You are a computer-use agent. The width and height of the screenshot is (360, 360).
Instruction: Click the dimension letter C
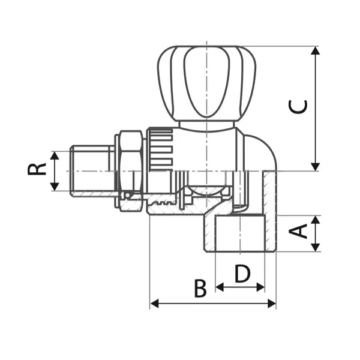298,107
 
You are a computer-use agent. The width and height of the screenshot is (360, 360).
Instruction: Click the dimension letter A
298,231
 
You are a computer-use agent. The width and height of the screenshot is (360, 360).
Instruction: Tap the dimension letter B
200,288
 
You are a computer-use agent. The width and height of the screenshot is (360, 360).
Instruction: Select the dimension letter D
242,274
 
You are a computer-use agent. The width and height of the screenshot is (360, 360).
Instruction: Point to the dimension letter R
37,169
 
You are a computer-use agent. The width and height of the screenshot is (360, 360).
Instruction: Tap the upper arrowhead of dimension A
316,220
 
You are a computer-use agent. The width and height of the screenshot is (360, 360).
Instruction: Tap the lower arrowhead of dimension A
316,247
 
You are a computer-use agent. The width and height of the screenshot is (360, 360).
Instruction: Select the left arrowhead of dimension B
154,304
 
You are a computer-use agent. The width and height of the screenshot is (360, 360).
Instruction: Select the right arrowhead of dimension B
272,304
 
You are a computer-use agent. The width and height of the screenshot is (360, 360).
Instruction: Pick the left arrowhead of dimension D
220,287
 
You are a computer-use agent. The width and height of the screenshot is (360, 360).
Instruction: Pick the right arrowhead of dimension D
260,287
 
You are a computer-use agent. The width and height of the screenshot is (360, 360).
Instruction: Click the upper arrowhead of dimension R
55,155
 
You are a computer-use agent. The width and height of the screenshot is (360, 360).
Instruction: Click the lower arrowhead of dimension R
55,187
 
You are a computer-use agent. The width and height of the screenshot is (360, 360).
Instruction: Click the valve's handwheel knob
206,83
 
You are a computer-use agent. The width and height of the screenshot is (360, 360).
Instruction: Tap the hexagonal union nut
131,171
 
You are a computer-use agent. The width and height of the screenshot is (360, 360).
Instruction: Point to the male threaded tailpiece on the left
92,171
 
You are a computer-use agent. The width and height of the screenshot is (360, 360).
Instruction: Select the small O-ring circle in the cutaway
127,196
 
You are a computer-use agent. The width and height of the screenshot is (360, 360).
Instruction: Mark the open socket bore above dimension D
240,233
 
